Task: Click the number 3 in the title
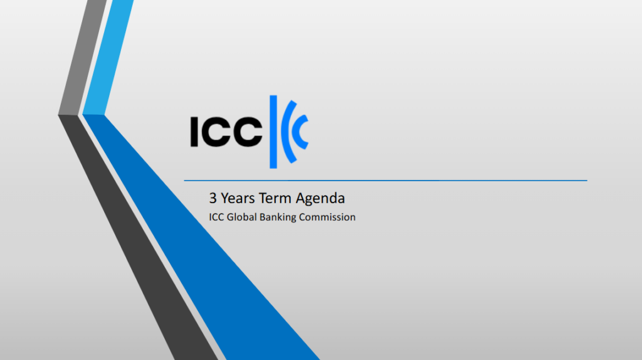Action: [x=213, y=198]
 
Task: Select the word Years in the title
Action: [x=238, y=198]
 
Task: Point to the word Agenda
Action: [x=320, y=199]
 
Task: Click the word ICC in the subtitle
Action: [x=216, y=217]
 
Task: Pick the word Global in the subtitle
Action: [x=241, y=217]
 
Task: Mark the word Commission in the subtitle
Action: [x=327, y=217]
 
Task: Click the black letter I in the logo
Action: [x=194, y=132]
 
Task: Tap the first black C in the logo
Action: [x=216, y=132]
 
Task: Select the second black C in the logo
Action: [x=248, y=132]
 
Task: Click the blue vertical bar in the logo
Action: [x=273, y=132]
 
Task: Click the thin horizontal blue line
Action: [x=386, y=180]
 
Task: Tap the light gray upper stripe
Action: [x=82, y=57]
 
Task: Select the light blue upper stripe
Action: [x=108, y=57]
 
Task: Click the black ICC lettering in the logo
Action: [x=226, y=132]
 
